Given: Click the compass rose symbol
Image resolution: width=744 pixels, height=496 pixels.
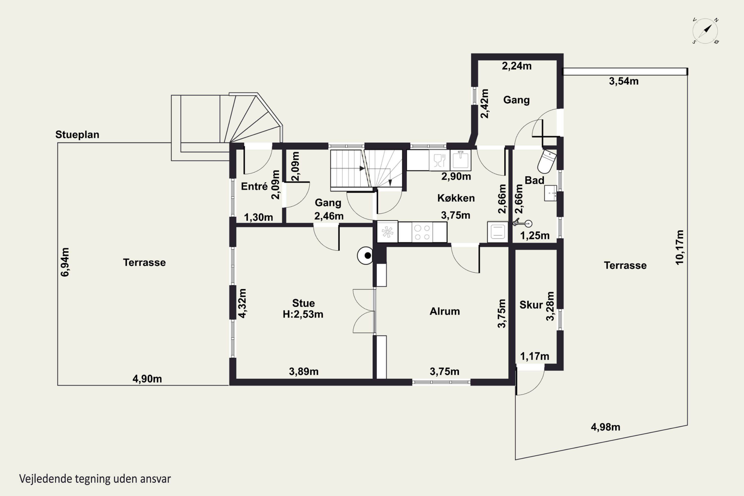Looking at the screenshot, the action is click(x=705, y=31).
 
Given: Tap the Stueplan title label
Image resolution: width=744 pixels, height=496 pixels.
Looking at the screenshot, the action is click(x=77, y=135).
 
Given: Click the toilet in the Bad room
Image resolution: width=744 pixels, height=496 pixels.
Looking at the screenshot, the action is click(x=547, y=161).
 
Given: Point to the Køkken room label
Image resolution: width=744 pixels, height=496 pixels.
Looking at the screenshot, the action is click(x=456, y=198).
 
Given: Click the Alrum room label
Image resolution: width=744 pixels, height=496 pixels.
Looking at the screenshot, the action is click(x=444, y=311).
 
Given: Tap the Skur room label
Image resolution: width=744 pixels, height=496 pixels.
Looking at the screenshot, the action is click(x=531, y=305).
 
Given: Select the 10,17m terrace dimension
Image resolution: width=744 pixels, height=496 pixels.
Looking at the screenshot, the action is click(x=680, y=247).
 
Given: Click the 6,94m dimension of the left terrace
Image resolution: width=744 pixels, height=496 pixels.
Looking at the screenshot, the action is click(x=65, y=262).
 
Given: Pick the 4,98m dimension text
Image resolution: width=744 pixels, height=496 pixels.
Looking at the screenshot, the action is click(x=605, y=427).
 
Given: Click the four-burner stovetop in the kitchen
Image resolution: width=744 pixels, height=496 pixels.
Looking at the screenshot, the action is click(x=422, y=232).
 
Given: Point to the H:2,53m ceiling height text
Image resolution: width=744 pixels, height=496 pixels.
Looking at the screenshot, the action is click(x=303, y=314).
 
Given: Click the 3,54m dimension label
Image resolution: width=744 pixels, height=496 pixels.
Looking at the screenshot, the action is click(x=624, y=81).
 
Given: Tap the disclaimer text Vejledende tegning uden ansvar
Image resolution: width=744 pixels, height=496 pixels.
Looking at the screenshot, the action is click(x=95, y=479).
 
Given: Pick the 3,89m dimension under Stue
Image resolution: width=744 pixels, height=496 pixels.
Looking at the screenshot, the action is click(x=304, y=371).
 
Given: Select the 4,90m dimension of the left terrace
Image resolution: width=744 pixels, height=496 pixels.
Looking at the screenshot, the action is click(x=147, y=379).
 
